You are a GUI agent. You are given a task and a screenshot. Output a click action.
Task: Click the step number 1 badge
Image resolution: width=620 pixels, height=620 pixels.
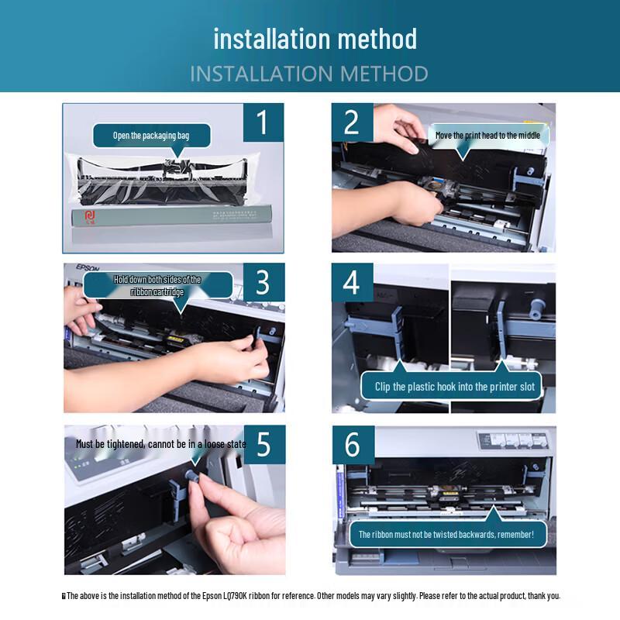pyautogui.click(x=263, y=122)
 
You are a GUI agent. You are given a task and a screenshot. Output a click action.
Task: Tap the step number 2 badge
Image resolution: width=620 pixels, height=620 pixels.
pyautogui.click(x=353, y=122)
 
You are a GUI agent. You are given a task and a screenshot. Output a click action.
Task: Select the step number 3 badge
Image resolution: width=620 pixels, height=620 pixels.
pyautogui.click(x=263, y=282)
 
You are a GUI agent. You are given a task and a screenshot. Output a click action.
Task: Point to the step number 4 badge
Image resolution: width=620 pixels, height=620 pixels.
pyautogui.click(x=353, y=282)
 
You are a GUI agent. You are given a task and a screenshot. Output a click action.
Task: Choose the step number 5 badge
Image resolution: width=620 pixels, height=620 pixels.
pyautogui.click(x=264, y=444)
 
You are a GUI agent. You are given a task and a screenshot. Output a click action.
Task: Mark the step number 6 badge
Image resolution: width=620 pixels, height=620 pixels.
pyautogui.click(x=353, y=445)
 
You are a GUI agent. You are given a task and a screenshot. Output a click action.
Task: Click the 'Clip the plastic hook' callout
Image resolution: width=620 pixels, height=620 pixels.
pyautogui.click(x=451, y=385)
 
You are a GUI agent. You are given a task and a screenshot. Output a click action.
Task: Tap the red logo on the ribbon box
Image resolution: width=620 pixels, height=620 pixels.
pyautogui.click(x=90, y=217)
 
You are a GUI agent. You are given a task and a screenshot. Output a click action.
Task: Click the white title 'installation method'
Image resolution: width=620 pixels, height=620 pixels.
pyautogui.click(x=315, y=39)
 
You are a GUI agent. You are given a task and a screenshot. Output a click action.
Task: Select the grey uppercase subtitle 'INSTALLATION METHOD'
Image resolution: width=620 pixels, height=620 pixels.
pyautogui.click(x=309, y=74)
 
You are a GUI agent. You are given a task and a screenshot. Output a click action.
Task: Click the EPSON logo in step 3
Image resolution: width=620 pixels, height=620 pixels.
pyautogui.click(x=88, y=267)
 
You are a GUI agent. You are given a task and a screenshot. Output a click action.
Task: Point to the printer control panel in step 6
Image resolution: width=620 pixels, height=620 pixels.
pyautogui.click(x=514, y=440)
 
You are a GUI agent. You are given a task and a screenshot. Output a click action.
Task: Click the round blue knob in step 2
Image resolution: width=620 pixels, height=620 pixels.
pyautogui.click(x=530, y=171)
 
